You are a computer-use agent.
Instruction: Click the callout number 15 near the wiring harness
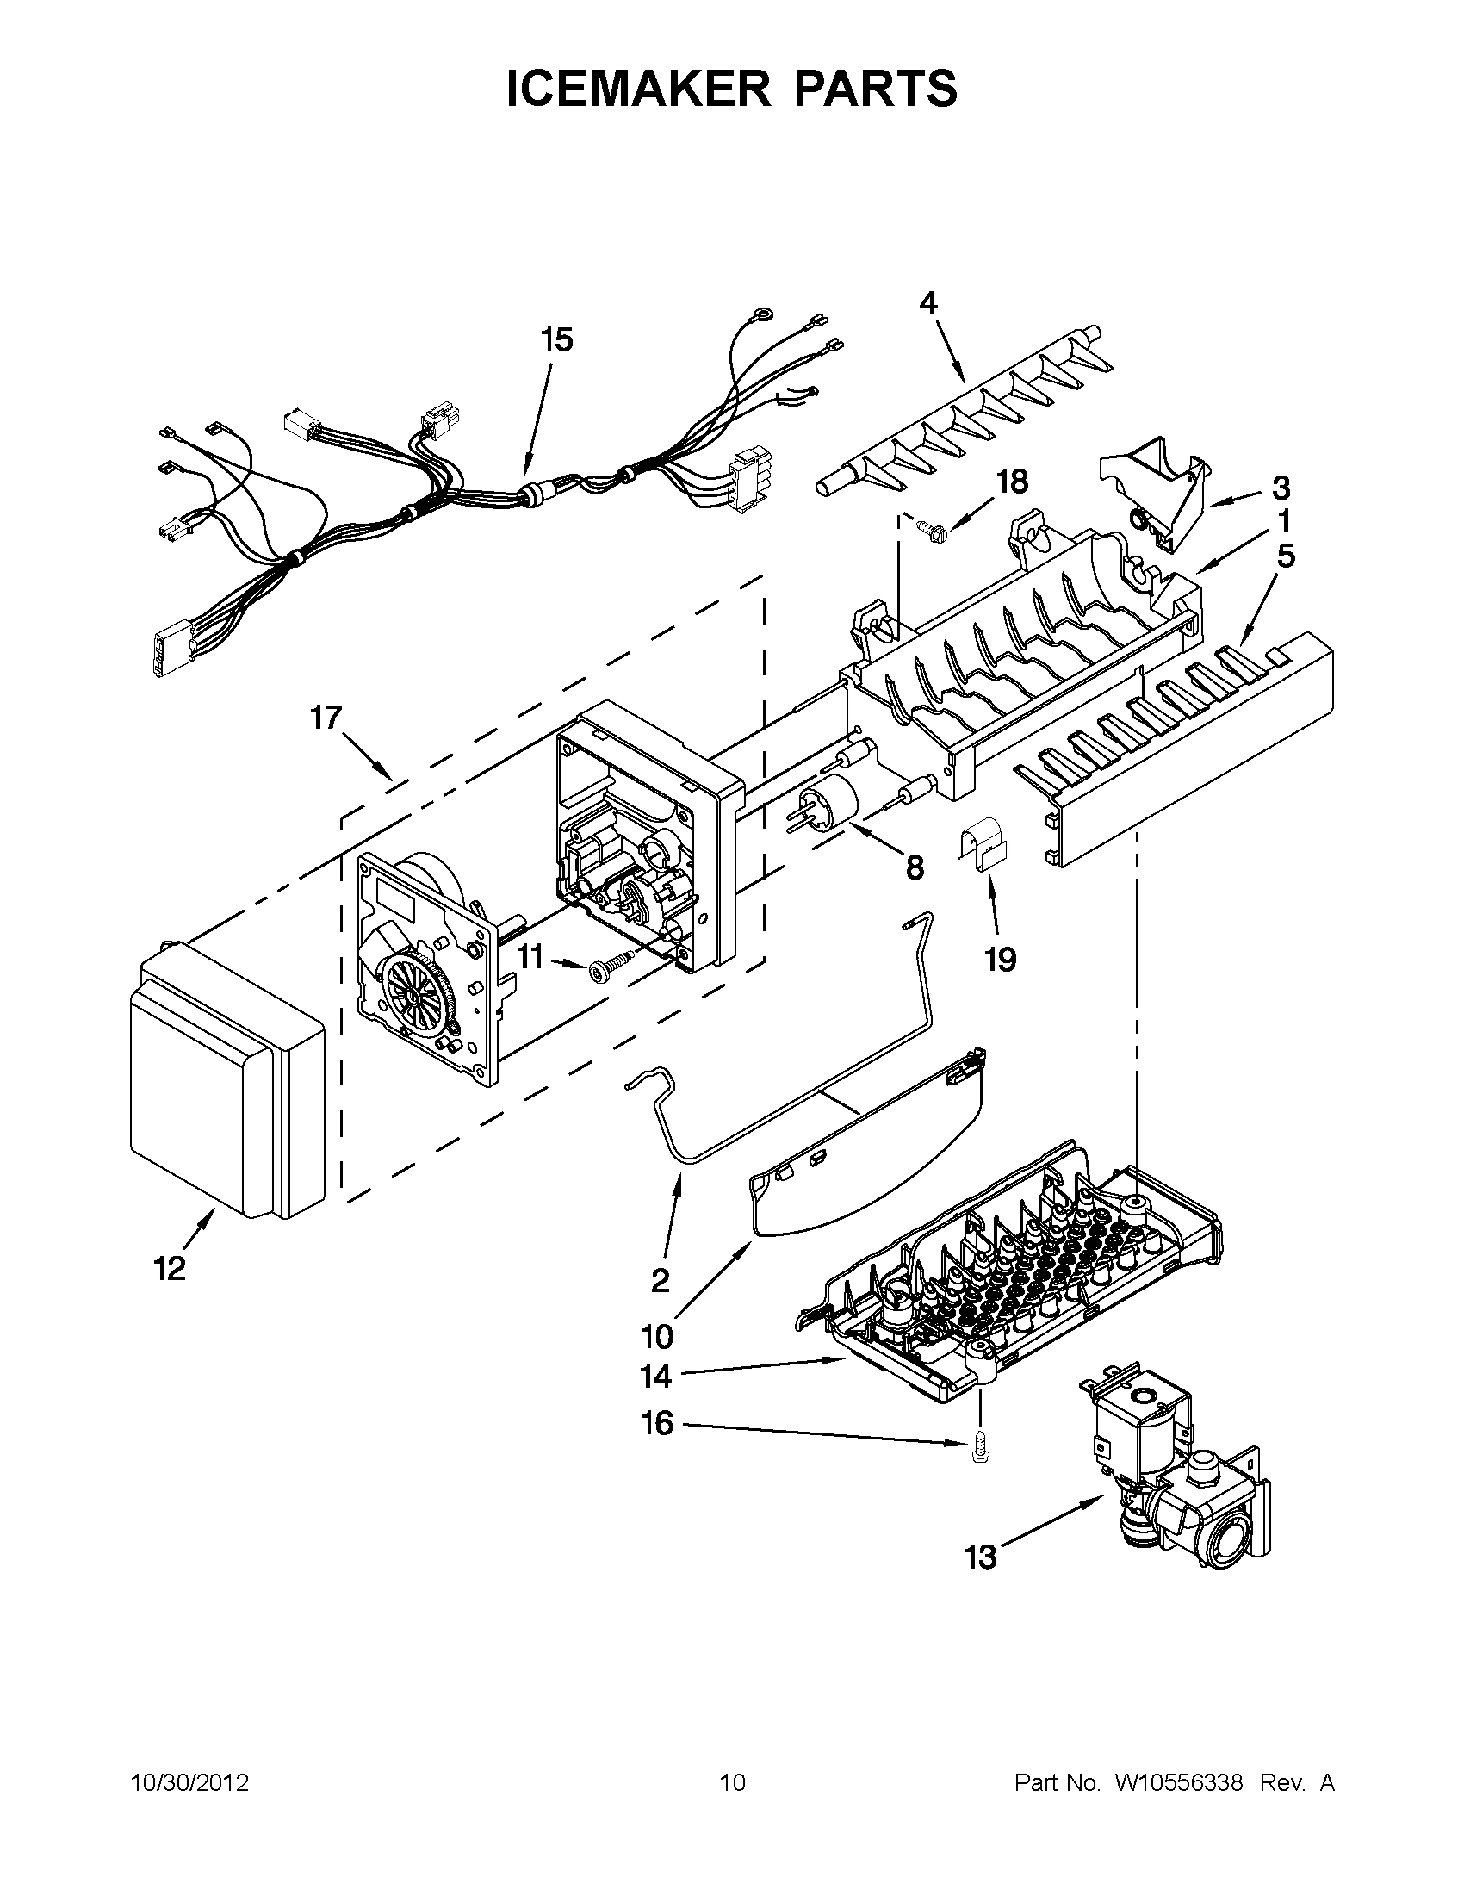(557, 339)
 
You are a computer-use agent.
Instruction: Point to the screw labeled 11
(605, 970)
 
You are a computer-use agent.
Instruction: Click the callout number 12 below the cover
(171, 1268)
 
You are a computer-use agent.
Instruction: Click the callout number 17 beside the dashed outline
(327, 718)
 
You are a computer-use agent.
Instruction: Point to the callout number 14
(656, 1376)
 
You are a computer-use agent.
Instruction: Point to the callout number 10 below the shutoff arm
(658, 1336)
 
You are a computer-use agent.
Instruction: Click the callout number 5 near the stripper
(1285, 556)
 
